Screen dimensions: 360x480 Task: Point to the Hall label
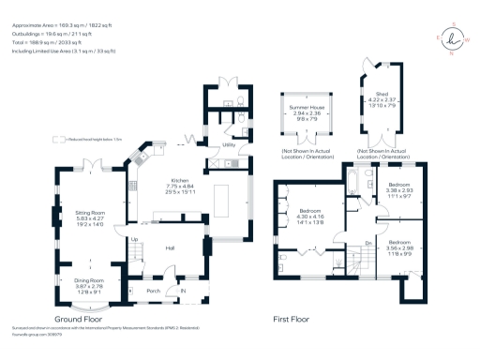pyautogui.click(x=172, y=247)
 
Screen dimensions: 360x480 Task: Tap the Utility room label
pyautogui.click(x=229, y=145)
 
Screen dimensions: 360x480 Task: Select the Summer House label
pyautogui.click(x=302, y=109)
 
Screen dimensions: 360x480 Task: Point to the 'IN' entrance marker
pyautogui.click(x=183, y=291)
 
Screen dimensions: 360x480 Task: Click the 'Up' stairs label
pyautogui.click(x=133, y=239)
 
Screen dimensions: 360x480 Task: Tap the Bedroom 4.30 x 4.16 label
pyautogui.click(x=308, y=210)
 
